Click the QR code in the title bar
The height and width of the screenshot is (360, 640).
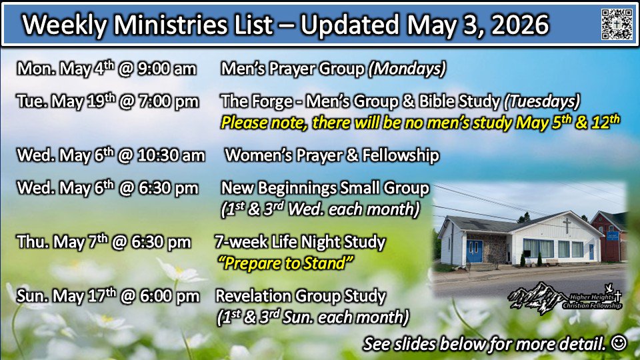[x=617, y=24]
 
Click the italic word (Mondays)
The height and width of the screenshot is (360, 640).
[x=407, y=69]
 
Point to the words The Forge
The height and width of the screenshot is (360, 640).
[x=256, y=101]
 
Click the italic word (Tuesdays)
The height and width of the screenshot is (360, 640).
[x=541, y=101]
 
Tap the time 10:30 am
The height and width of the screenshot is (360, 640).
[x=171, y=155]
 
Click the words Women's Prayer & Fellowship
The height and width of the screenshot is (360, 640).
[x=332, y=155]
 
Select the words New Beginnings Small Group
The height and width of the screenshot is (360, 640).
[x=325, y=188]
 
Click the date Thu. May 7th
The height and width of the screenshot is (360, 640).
[x=62, y=241]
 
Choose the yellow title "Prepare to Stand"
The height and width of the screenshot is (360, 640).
[x=286, y=263]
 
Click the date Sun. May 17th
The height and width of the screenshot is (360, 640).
[x=66, y=296]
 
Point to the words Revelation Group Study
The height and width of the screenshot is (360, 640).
[x=301, y=296]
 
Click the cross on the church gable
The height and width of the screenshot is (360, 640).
[x=567, y=226]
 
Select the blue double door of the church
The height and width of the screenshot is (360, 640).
[x=474, y=251]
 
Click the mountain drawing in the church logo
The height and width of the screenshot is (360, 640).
[x=536, y=297]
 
